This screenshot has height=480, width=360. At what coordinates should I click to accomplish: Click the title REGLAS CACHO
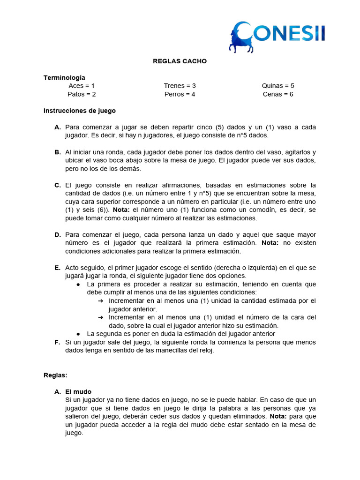(x=180, y=61)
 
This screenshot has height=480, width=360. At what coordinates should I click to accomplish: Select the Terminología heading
(x=64, y=77)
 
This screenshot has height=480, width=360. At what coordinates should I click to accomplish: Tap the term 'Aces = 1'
(x=82, y=86)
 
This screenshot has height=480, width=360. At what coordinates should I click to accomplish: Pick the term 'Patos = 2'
(x=82, y=94)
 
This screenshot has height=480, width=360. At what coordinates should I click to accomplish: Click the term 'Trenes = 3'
(x=180, y=86)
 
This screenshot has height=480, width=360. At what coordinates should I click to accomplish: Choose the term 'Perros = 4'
(x=180, y=94)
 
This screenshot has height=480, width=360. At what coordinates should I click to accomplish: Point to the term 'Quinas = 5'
(x=278, y=86)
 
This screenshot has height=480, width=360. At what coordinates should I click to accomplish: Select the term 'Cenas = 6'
(x=278, y=94)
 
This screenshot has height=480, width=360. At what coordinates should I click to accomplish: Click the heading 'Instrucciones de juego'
(x=79, y=111)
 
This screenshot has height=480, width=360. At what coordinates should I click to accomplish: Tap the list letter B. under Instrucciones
(x=58, y=152)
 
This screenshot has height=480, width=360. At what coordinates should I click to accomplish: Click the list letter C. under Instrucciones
(x=58, y=185)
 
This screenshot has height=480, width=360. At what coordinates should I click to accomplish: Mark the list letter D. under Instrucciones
(x=58, y=235)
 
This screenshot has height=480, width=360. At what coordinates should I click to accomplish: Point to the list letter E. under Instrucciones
(x=58, y=268)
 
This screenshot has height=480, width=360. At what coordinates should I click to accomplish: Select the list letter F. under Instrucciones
(x=58, y=342)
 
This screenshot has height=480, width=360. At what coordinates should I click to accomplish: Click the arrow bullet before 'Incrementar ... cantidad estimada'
(x=100, y=301)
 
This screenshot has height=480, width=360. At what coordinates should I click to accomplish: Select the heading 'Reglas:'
(x=56, y=375)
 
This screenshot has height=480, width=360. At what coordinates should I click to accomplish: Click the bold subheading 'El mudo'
(x=78, y=392)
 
